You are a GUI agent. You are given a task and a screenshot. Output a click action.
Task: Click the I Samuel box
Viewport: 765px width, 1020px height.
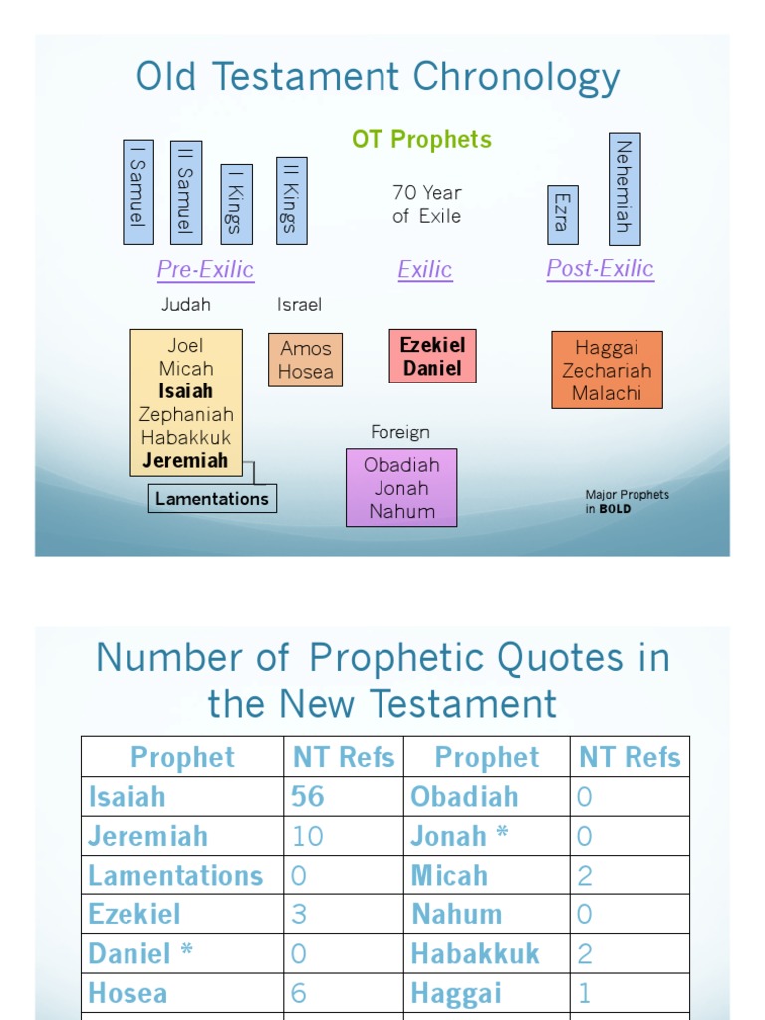[137, 192]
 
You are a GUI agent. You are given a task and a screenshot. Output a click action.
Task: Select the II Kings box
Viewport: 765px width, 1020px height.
[291, 200]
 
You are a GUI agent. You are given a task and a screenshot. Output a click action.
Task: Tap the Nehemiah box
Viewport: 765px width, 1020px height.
[625, 188]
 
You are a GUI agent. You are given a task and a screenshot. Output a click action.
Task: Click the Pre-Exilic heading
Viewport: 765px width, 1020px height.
[205, 269]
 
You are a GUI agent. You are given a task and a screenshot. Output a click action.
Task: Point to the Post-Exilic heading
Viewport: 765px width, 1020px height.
[600, 268]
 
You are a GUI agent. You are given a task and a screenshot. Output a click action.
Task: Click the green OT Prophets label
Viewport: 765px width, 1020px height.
[421, 140]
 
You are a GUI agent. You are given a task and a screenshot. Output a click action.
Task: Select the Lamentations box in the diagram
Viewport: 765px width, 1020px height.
[212, 498]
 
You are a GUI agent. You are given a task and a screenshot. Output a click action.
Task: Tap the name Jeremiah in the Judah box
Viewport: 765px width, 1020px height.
[185, 460]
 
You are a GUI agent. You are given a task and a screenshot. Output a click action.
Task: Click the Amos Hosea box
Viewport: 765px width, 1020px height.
[305, 360]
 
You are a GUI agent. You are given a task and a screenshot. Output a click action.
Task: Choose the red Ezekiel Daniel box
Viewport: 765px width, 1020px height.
[432, 356]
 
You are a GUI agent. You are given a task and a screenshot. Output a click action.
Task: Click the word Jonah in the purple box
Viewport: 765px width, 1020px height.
[401, 488]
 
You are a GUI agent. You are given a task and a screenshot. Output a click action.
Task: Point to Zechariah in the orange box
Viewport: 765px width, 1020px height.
[607, 370]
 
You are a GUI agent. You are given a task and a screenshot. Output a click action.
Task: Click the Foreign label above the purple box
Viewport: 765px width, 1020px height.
[400, 432]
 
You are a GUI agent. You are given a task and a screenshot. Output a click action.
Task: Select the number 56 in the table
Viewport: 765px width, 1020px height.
[308, 796]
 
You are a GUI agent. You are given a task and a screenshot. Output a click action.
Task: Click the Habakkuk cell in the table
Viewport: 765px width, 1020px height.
[475, 953]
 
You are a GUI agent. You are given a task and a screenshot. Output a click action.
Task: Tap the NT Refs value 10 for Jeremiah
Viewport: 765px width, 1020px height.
[308, 836]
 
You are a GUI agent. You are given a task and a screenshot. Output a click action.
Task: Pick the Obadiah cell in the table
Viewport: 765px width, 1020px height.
[464, 796]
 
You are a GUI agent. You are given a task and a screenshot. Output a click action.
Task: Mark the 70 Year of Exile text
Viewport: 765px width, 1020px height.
[426, 204]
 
